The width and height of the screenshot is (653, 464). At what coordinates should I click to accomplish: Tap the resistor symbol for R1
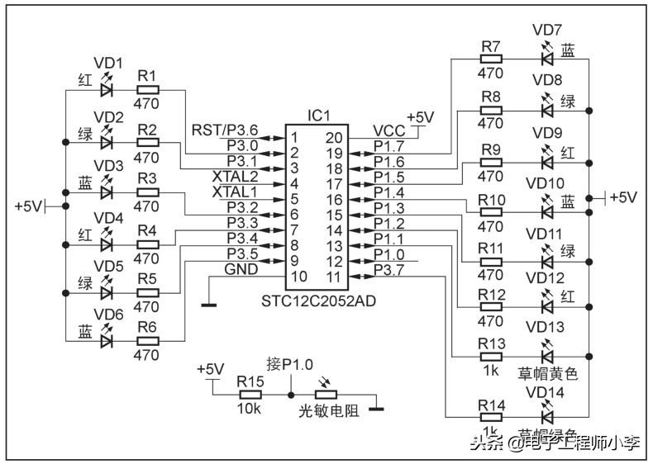point(147,89)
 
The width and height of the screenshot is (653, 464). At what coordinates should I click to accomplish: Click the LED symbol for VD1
point(106,89)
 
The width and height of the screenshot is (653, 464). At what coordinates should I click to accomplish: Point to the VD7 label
point(547,31)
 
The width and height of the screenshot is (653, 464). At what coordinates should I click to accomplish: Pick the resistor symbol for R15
point(249,395)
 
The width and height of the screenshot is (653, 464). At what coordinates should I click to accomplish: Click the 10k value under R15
point(249,409)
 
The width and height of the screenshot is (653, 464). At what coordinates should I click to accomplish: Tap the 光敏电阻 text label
point(328,410)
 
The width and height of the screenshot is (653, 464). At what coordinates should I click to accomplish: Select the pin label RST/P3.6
point(225,130)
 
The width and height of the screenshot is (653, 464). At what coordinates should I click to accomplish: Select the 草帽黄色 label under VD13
point(547,373)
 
